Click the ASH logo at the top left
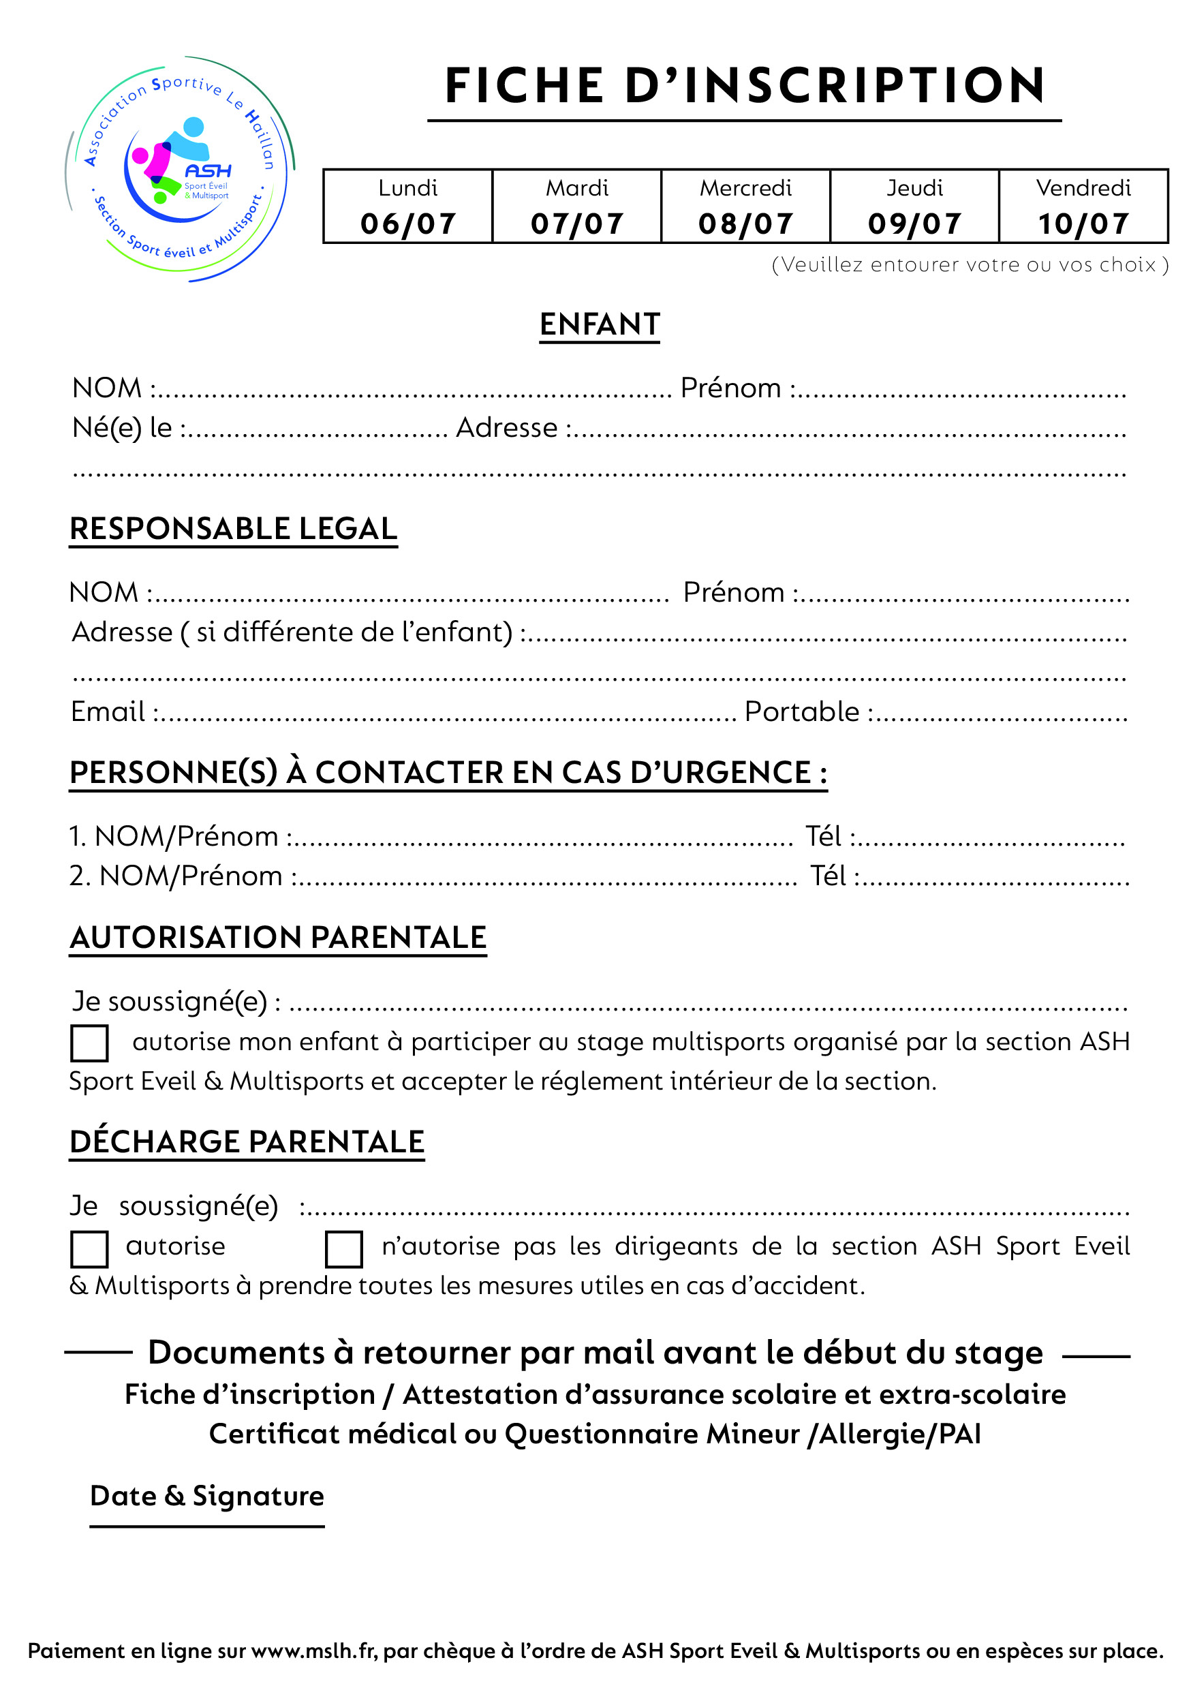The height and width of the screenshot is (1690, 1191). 181,168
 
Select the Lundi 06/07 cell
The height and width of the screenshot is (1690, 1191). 408,206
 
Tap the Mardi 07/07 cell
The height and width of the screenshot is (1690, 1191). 576,206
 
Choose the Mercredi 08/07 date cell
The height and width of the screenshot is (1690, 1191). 745,206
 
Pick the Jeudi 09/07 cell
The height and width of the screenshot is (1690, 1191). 914,206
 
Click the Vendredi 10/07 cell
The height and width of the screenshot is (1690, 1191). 1083,206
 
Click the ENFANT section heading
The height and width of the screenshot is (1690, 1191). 599,324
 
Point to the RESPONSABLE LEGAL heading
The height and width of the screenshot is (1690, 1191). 233,529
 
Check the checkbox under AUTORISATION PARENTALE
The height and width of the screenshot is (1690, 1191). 89,1043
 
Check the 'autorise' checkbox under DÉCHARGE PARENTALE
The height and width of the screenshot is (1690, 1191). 89,1249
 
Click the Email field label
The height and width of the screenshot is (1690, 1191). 108,711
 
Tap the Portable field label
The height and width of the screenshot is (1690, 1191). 801,711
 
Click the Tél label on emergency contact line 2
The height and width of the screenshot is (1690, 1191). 828,876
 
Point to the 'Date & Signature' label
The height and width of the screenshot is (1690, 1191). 207,1496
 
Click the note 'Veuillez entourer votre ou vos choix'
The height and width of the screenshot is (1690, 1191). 970,265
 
